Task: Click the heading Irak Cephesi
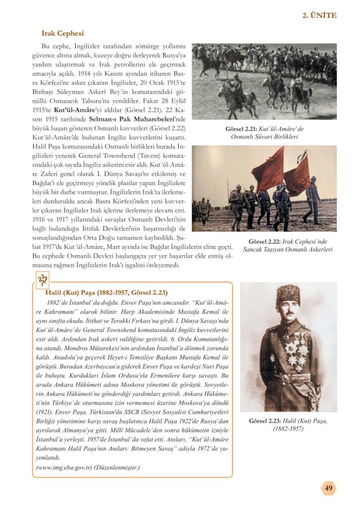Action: (62, 33)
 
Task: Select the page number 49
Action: (328, 488)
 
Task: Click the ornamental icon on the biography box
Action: (43, 281)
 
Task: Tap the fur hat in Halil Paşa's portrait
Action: (288, 294)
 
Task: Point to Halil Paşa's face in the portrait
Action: (289, 309)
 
